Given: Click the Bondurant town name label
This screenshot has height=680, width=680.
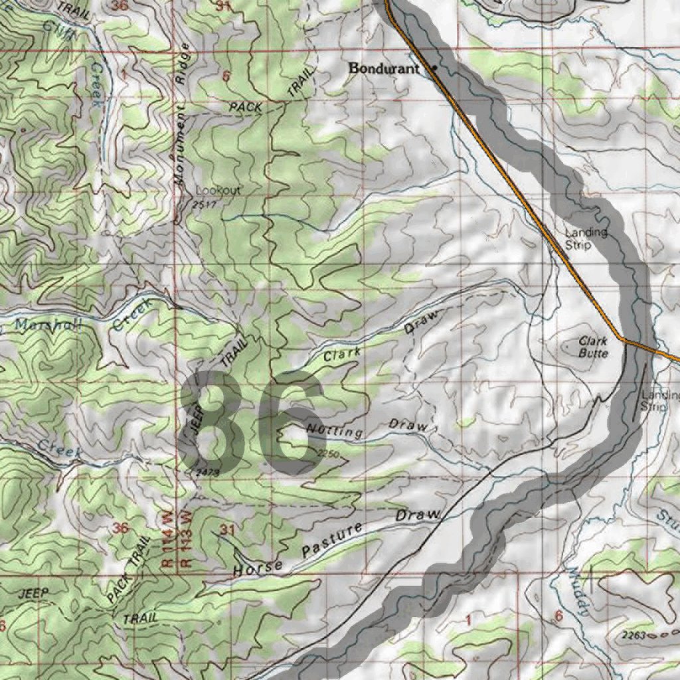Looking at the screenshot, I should (x=384, y=68).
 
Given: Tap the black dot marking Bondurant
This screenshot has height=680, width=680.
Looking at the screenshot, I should (x=435, y=68).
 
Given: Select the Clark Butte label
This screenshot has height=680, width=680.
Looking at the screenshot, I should (x=593, y=347).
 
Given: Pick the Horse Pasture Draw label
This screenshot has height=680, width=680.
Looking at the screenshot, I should (x=336, y=544).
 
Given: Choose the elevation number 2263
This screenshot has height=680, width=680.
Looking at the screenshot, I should (x=636, y=636).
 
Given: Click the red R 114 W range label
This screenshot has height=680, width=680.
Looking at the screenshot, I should (x=167, y=539).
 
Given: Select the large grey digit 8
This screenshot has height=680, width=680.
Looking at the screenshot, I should (x=214, y=424).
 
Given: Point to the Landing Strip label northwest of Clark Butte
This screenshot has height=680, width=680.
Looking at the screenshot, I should (x=586, y=238).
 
